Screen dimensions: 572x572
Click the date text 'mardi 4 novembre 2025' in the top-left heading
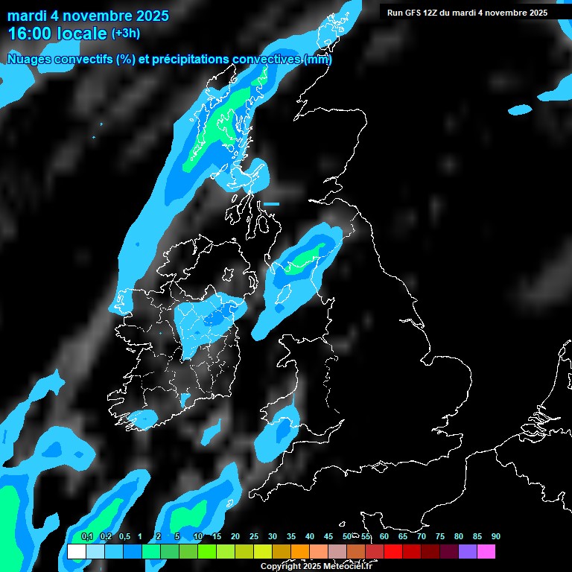coord(88,16)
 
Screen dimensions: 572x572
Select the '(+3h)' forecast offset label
coord(125,34)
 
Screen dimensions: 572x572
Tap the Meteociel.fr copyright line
coord(316,567)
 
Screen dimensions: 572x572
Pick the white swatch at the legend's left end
coord(76,552)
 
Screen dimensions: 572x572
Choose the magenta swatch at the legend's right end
coord(486,552)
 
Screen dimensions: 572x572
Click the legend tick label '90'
coord(495,537)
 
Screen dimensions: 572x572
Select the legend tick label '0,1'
coord(86,537)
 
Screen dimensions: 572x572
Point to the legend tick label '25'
coord(253,537)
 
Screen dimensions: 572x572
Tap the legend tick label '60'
coord(384,537)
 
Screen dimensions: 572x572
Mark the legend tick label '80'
coord(458,537)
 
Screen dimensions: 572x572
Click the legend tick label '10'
coord(197,537)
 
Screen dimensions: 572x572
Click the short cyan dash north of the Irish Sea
coord(271,203)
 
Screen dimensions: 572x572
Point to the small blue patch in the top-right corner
coord(521,109)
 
